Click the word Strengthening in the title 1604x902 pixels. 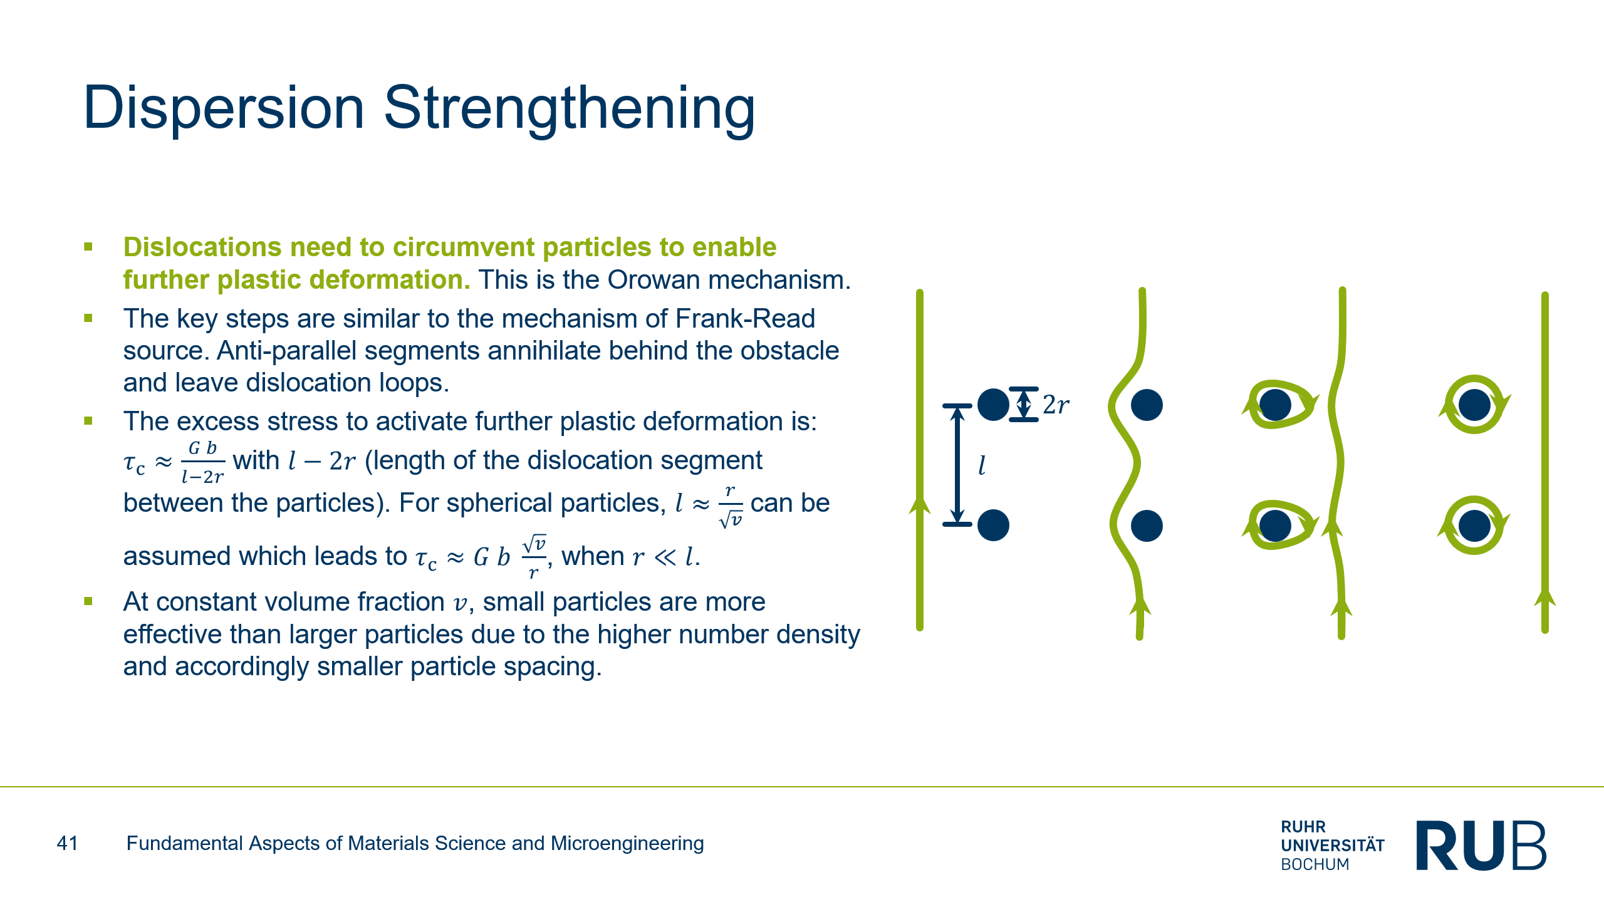[x=570, y=110]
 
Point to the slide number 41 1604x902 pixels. [x=68, y=843]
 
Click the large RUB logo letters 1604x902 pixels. [x=1481, y=845]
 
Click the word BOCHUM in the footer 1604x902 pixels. [x=1315, y=864]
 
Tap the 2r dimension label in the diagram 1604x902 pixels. [x=1056, y=405]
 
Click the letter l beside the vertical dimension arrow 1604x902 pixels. [x=982, y=465]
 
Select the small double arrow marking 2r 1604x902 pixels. [x=1024, y=404]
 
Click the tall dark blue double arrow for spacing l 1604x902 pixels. [x=957, y=465]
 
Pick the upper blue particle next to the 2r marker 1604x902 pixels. [x=993, y=404]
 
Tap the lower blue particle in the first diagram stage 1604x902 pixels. [x=993, y=525]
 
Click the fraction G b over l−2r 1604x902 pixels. [x=202, y=462]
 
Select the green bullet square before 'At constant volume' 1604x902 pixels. [x=88, y=601]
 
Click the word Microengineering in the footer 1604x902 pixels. [x=627, y=844]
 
